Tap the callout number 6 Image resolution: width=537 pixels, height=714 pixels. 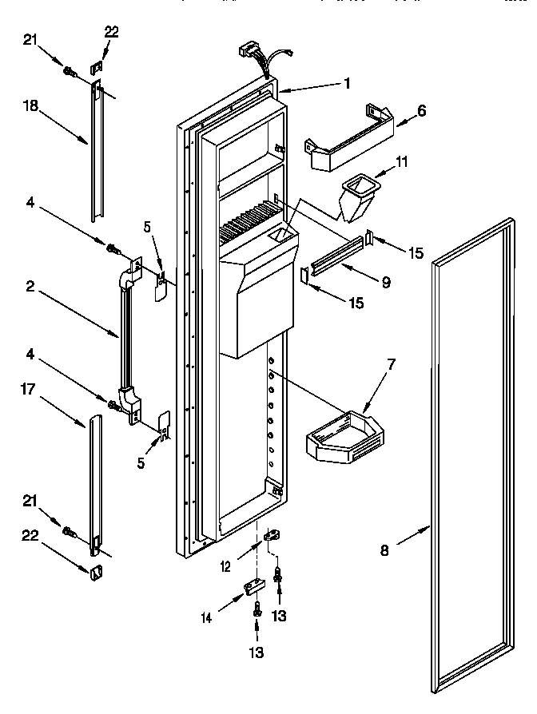[421, 112]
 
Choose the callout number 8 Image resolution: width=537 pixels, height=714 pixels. [385, 549]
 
